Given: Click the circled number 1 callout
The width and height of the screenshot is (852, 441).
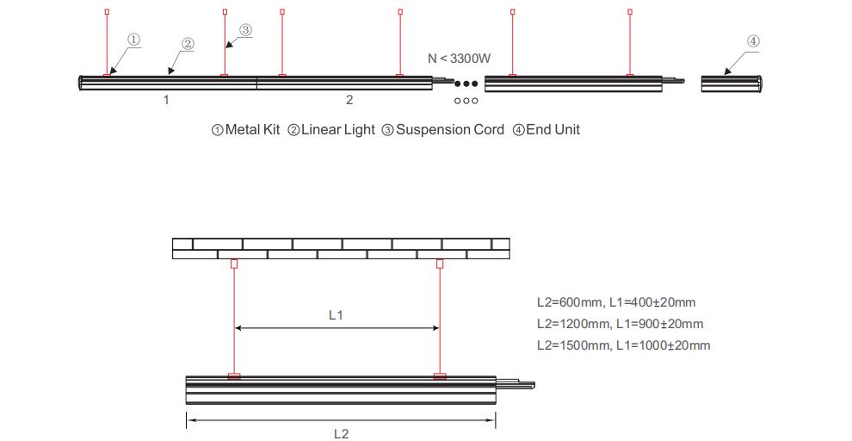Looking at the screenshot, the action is point(134,39).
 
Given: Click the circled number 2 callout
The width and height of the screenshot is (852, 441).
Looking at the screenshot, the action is point(188,44).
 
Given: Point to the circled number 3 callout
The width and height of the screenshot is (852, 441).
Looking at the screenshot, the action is point(245,30).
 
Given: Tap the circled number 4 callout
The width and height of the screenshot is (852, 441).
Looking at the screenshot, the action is point(753,40).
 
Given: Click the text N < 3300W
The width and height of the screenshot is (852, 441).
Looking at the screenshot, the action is point(460,59).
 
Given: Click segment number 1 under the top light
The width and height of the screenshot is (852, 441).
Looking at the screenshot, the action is point(166,100).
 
